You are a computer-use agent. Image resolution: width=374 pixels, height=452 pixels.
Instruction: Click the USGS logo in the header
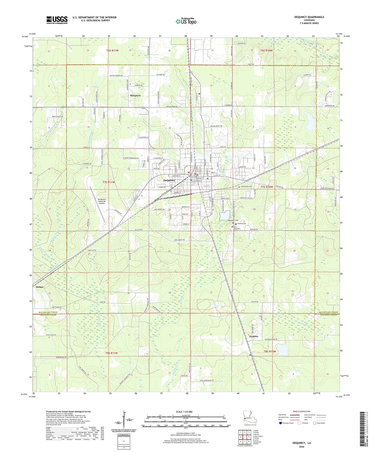click(x=57, y=20)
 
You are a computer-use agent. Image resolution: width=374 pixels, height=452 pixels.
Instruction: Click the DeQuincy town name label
click(x=169, y=180)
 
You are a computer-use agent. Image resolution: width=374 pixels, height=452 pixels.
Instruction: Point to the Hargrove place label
click(x=135, y=96)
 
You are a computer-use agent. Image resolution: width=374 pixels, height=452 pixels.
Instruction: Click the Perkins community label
click(x=254, y=336)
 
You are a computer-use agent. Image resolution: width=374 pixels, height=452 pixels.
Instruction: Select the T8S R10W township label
click(x=270, y=352)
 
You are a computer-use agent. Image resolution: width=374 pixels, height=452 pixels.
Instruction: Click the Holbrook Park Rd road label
click(x=271, y=339)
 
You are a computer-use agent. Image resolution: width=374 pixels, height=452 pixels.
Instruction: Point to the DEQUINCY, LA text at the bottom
click(x=302, y=443)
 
